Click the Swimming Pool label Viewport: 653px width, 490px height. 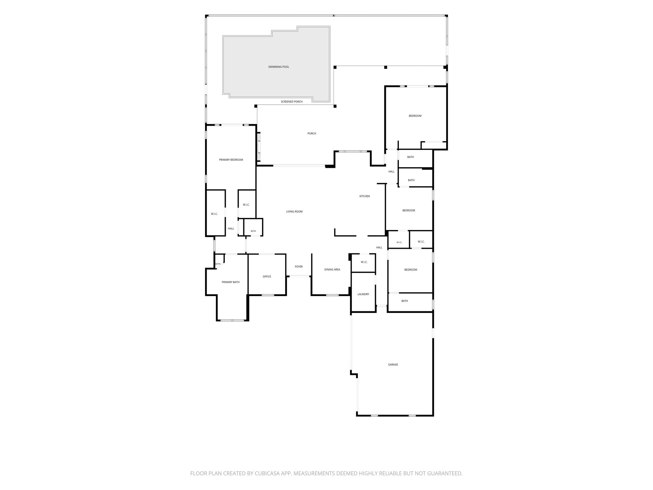click(278, 67)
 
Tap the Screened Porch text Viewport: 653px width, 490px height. click(291, 102)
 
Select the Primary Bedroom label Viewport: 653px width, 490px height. click(231, 160)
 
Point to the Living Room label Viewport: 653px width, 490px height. click(294, 212)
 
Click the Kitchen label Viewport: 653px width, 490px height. click(364, 196)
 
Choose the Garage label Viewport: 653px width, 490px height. click(393, 365)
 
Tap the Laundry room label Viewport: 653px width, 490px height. click(363, 294)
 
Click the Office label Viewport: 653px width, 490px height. click(267, 277)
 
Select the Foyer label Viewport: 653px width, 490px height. click(298, 267)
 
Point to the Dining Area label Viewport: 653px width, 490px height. click(332, 270)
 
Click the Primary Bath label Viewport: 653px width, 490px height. click(231, 282)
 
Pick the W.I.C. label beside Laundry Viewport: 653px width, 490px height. click(364, 262)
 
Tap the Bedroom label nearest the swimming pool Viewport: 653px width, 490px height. click(415, 116)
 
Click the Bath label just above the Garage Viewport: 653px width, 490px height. click(404, 301)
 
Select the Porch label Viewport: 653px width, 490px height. click(312, 134)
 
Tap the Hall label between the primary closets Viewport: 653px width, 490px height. click(231, 228)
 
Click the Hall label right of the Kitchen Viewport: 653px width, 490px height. click(391, 172)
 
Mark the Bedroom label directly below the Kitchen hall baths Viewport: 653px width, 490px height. click(408, 211)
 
